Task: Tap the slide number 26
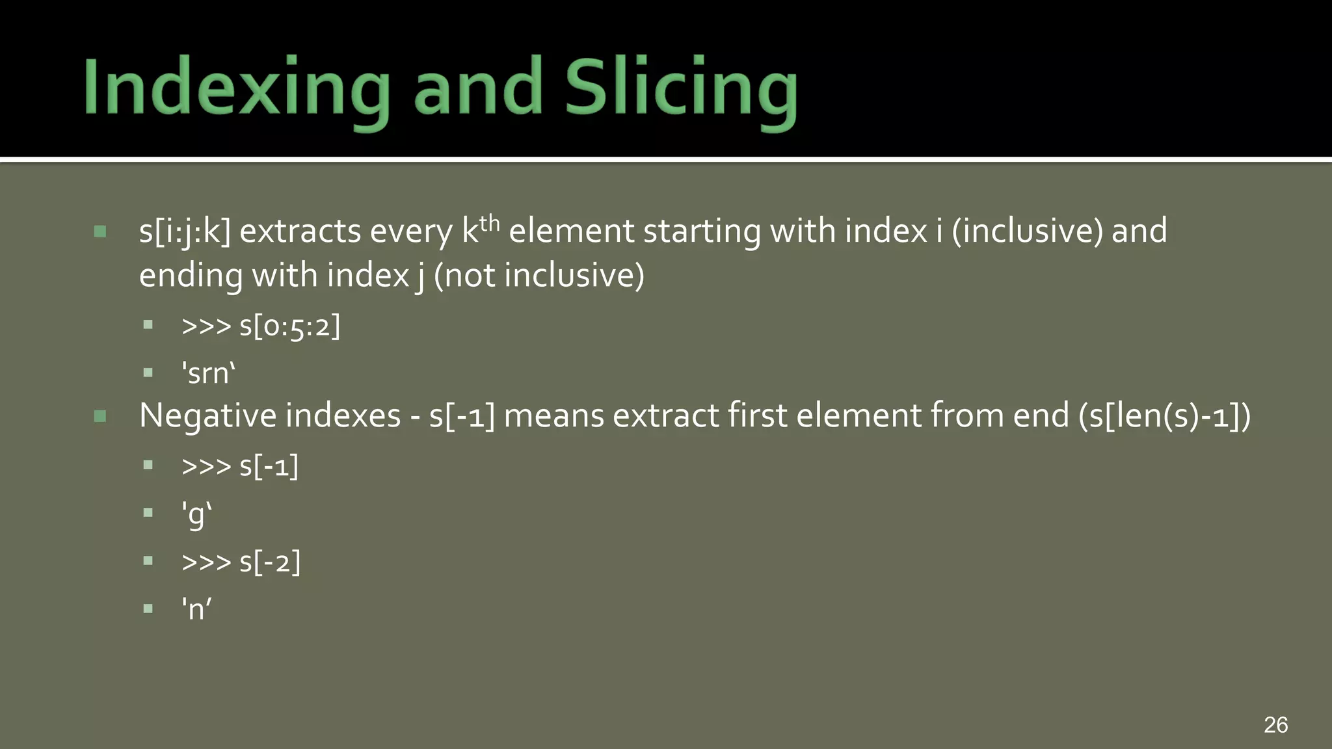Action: coord(1275,724)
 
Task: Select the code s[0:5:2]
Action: coord(289,326)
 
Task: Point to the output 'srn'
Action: coord(208,374)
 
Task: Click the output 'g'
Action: coord(196,514)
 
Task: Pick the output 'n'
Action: coord(196,609)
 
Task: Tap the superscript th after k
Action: coord(489,223)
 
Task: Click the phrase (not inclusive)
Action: coord(539,276)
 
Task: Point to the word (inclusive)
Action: coord(1027,231)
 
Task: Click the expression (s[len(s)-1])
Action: coord(1164,416)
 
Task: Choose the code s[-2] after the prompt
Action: coord(269,562)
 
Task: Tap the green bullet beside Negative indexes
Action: coord(100,416)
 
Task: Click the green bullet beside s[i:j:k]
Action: coord(100,231)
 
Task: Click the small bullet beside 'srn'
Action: coord(148,373)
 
